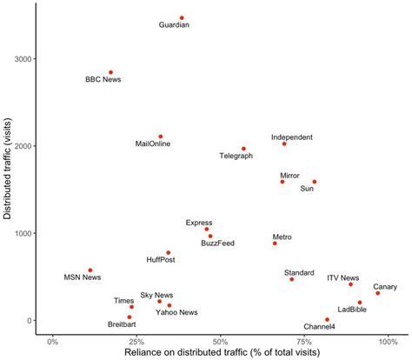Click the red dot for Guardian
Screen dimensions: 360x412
pyautogui.click(x=182, y=17)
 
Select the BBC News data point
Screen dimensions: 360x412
pyautogui.click(x=110, y=72)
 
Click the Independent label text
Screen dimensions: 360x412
pyautogui.click(x=291, y=137)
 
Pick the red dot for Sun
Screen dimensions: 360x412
pyautogui.click(x=315, y=182)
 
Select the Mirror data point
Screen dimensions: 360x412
pyautogui.click(x=282, y=182)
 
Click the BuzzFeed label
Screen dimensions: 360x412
pyautogui.click(x=218, y=243)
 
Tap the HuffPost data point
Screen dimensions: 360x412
pyautogui.click(x=169, y=253)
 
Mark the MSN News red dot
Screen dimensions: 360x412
pyautogui.click(x=90, y=270)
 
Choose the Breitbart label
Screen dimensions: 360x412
pyautogui.click(x=121, y=324)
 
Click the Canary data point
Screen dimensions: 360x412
pyautogui.click(x=378, y=293)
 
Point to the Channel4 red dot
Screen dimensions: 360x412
pyautogui.click(x=328, y=319)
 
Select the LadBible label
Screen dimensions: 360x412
pyautogui.click(x=352, y=309)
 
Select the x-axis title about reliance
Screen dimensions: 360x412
pyautogui.click(x=221, y=354)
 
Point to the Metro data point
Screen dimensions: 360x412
pyautogui.click(x=275, y=243)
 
